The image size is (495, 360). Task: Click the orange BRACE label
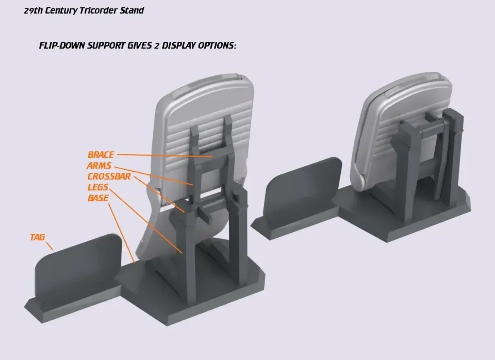101,155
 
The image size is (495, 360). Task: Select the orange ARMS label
99,166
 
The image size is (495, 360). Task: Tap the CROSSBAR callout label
109,176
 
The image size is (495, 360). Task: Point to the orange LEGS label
98,187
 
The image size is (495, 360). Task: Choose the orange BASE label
98,198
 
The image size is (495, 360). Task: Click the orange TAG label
38,237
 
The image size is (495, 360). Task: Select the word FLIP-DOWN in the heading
62,46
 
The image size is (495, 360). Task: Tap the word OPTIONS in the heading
217,46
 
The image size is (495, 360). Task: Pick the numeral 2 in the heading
157,46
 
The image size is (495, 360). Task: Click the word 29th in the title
33,10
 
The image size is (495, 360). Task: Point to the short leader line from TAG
50,246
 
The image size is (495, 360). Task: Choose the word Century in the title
61,10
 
